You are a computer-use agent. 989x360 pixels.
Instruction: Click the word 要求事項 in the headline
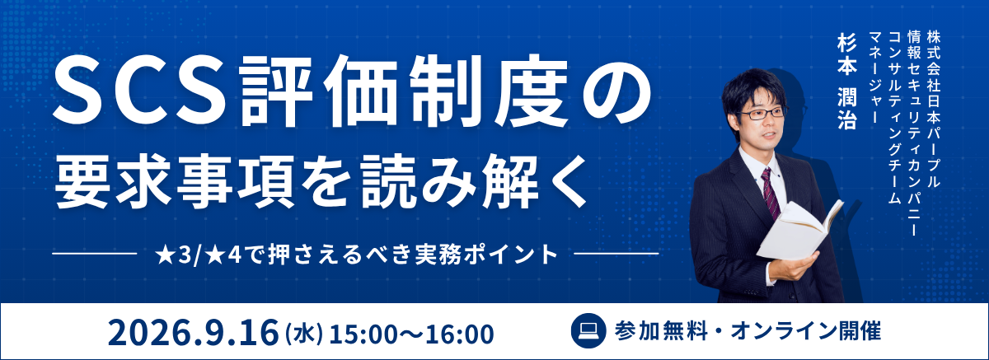(174, 181)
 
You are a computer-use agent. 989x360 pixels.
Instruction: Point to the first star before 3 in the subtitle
(165, 255)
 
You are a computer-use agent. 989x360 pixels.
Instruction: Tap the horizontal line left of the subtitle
(95, 254)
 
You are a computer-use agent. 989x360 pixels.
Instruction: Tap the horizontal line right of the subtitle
(616, 254)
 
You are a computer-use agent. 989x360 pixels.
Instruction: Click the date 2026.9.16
(194, 334)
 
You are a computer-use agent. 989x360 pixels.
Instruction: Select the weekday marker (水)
(305, 334)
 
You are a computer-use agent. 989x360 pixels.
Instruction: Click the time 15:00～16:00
(411, 334)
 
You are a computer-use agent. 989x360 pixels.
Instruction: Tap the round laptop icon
(588, 331)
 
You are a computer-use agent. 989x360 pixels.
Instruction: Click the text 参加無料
(660, 331)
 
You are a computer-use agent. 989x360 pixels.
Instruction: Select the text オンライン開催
(807, 331)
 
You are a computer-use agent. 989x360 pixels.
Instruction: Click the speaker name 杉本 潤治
(847, 82)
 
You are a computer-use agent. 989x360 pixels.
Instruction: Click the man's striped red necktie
(771, 194)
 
